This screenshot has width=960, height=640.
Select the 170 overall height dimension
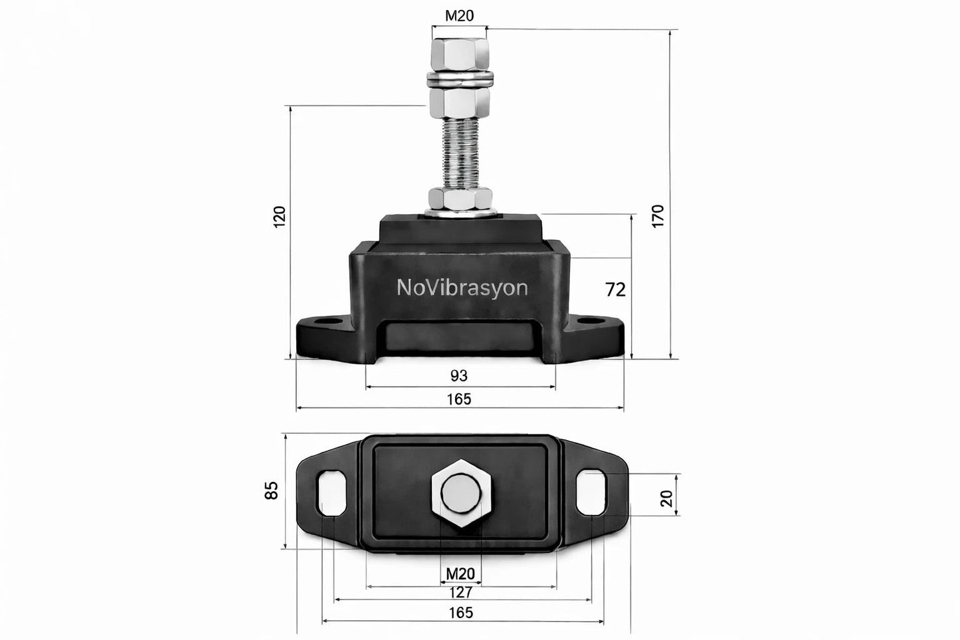[x=657, y=216]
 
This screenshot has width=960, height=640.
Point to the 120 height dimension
[x=280, y=217]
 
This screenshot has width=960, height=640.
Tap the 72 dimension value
[x=615, y=290]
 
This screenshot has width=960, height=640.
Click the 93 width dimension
[x=459, y=376]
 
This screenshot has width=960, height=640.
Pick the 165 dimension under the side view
[x=459, y=399]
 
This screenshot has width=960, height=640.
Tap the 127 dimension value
[x=460, y=592]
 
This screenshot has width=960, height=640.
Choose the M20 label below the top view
[x=460, y=574]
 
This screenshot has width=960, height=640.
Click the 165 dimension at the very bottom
[x=460, y=613]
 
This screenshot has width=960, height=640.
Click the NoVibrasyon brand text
[x=462, y=287]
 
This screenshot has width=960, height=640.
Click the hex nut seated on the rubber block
[x=460, y=199]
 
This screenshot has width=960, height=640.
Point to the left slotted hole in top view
[x=332, y=492]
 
